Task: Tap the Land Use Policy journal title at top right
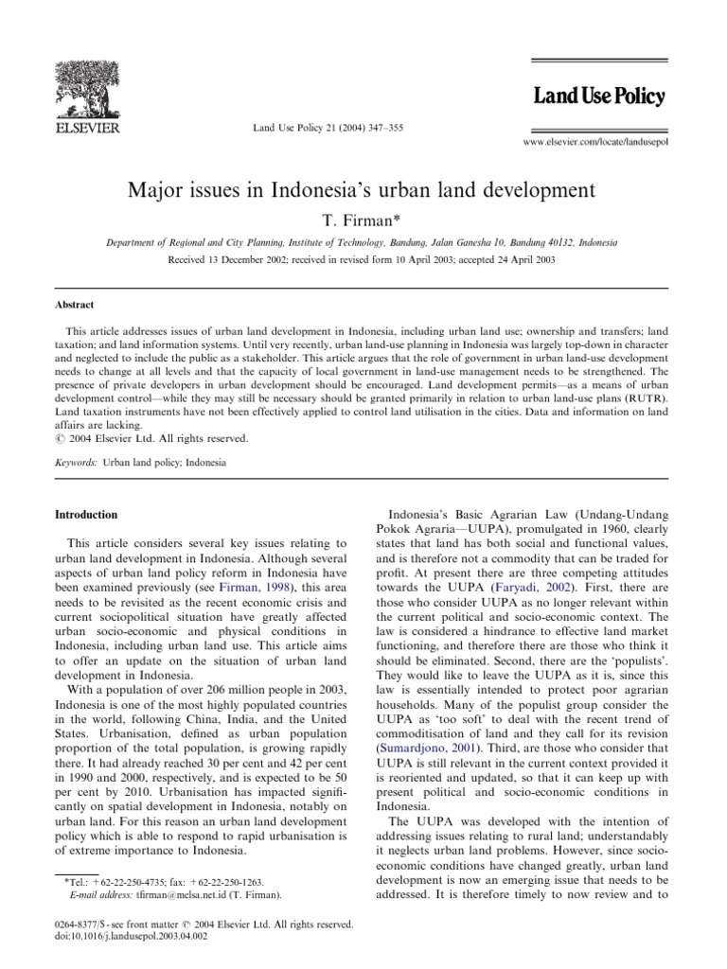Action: (599, 97)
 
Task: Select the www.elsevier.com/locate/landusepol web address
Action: (594, 140)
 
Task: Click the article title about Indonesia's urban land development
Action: (363, 189)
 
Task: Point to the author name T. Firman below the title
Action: (363, 220)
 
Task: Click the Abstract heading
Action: (77, 306)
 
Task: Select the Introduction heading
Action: (86, 515)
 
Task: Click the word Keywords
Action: (77, 464)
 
